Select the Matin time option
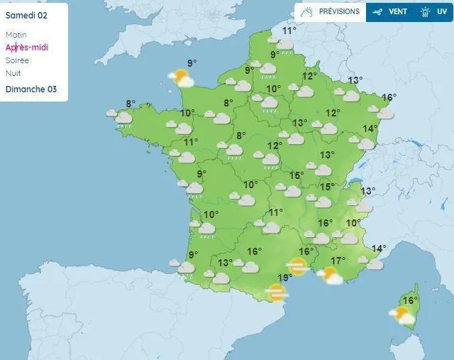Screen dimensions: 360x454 click(16, 35)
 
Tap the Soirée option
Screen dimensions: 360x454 click(18, 60)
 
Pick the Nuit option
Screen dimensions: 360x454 click(13, 73)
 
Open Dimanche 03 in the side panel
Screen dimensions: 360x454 click(31, 89)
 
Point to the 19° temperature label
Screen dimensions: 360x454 click(284, 278)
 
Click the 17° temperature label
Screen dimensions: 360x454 click(338, 261)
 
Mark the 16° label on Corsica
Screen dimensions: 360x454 click(409, 300)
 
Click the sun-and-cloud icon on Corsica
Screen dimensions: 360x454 click(402, 315)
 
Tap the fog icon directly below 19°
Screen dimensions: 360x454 click(276, 290)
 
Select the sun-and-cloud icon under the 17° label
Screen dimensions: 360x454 click(330, 276)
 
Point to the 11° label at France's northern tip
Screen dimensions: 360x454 click(289, 31)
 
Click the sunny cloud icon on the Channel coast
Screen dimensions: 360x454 click(182, 77)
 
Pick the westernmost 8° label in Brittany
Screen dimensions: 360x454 click(131, 104)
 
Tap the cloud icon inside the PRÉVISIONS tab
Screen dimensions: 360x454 click(307, 11)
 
